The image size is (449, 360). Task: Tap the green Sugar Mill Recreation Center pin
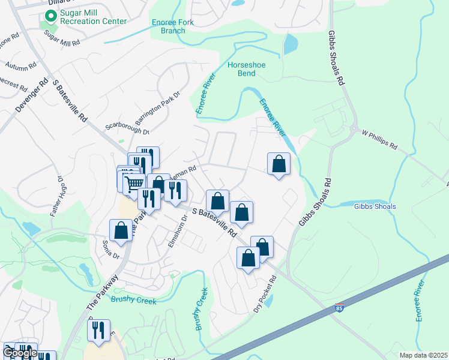tap(51, 17)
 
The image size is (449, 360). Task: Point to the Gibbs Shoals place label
tap(375, 206)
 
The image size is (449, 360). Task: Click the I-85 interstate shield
tap(339, 310)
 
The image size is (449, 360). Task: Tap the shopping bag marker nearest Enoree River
tap(279, 164)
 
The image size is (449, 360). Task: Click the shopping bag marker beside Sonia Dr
tap(121, 230)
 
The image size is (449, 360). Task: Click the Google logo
tap(20, 353)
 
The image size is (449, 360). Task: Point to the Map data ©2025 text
tap(423, 355)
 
